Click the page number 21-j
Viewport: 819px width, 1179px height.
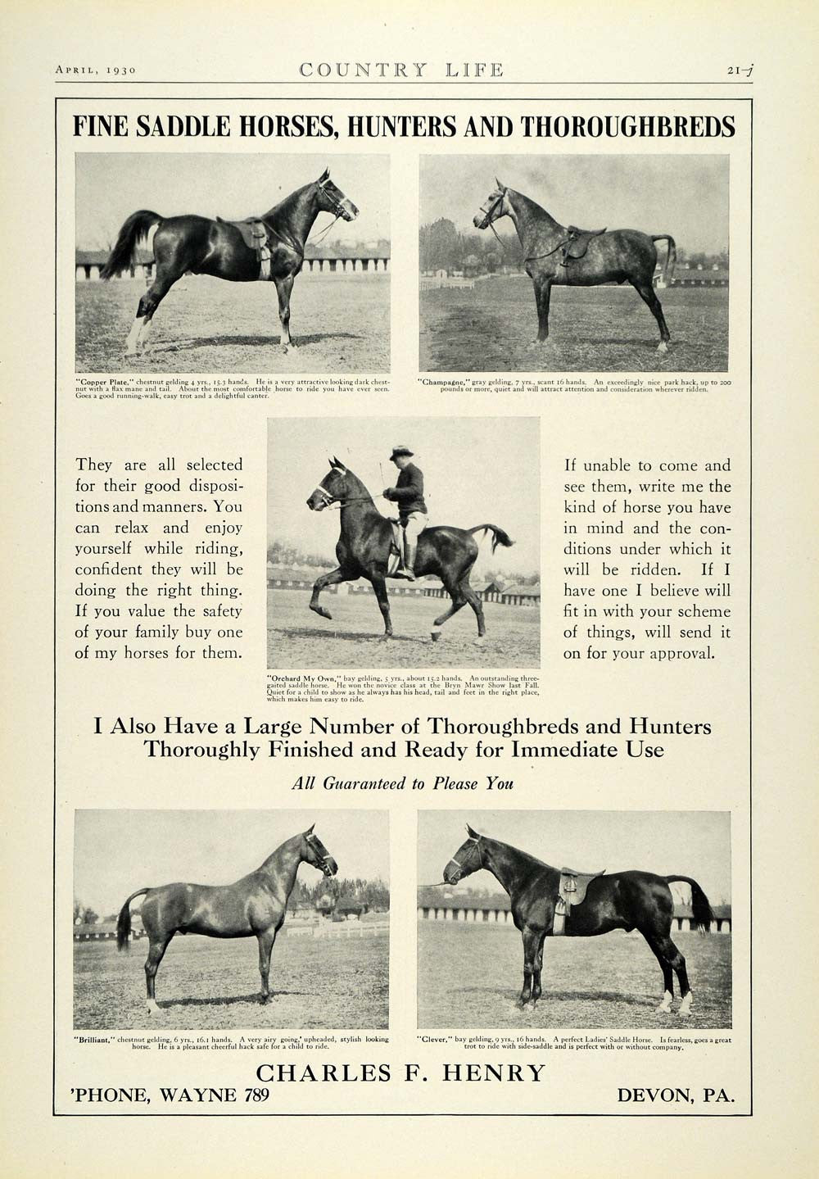pyautogui.click(x=740, y=70)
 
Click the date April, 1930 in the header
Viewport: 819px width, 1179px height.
pyautogui.click(x=95, y=70)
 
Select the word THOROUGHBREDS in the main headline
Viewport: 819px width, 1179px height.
pyautogui.click(x=627, y=127)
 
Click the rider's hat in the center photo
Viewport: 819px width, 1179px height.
pyautogui.click(x=401, y=452)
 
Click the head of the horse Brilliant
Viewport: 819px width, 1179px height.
pyautogui.click(x=321, y=854)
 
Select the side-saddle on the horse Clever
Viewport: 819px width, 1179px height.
pyautogui.click(x=573, y=887)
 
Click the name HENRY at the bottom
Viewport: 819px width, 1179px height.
pyautogui.click(x=499, y=1072)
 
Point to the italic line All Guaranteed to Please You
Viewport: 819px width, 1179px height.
pyautogui.click(x=402, y=783)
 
